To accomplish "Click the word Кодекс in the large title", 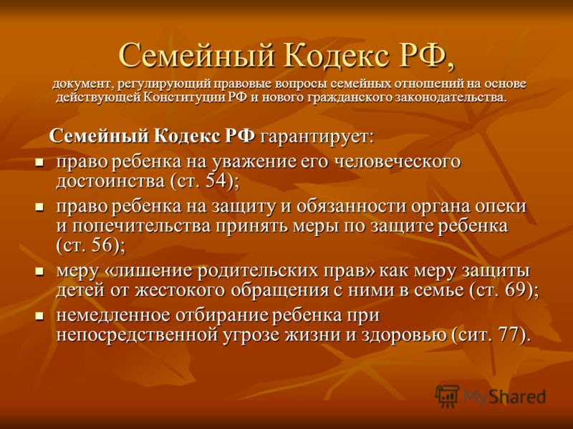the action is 336,56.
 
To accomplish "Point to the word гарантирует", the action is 317,137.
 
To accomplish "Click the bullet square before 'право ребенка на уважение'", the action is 39,163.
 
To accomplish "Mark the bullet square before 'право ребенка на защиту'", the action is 39,207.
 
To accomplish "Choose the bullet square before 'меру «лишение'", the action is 39,272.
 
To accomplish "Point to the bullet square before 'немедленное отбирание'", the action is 39,316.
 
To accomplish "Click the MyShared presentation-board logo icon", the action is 447,395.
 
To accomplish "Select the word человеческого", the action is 398,162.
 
